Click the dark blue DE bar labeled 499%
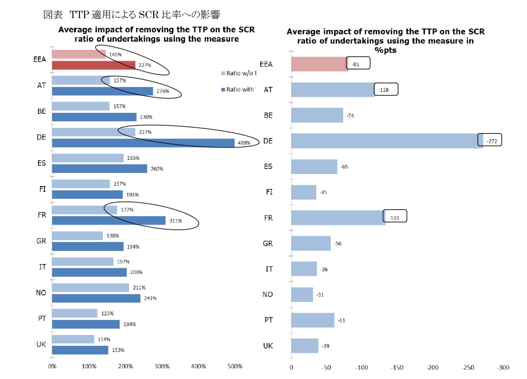[x=143, y=143]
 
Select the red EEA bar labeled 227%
[x=93, y=65]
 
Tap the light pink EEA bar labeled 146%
[x=78, y=54]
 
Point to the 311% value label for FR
[x=176, y=221]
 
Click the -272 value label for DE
[x=492, y=141]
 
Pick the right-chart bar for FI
[x=304, y=192]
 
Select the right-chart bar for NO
[x=302, y=294]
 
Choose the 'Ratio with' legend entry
[x=238, y=89]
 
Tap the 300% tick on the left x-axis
[x=162, y=366]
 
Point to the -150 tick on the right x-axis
[x=397, y=367]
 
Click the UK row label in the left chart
[x=41, y=344]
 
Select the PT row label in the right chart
[x=268, y=320]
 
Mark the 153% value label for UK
[x=118, y=350]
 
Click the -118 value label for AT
[x=383, y=90]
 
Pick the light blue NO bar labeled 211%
[x=90, y=288]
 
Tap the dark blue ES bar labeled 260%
[x=99, y=169]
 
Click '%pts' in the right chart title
[x=385, y=50]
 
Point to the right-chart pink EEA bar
[x=319, y=64]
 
